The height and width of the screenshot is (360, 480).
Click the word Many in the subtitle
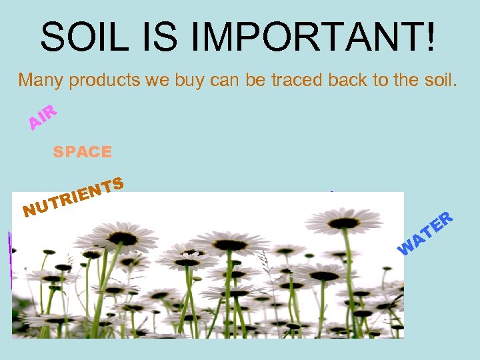pos(40,81)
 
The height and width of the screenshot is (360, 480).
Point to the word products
pos(101,81)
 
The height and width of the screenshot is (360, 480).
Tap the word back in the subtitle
pos(361,81)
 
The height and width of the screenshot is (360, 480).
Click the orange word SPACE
pos(82,152)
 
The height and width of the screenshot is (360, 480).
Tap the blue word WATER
pos(426,234)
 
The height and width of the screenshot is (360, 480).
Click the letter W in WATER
pos(405,249)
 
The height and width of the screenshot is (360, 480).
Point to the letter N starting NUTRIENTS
pos(29,212)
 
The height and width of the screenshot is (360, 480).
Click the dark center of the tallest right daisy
pos(343,221)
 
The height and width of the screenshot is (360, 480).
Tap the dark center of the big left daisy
pos(123,237)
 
